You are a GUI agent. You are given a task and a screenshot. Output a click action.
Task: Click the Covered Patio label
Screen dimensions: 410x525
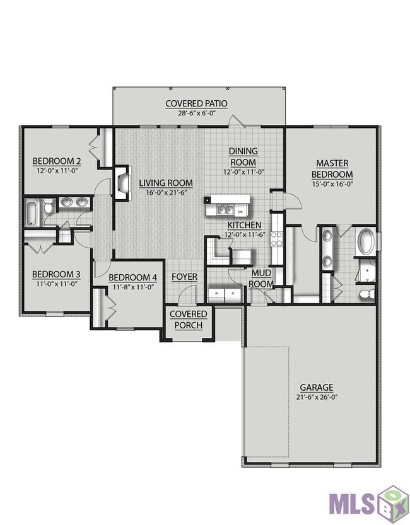click(196, 104)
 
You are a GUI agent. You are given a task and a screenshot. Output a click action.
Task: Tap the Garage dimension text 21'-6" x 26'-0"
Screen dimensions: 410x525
click(316, 398)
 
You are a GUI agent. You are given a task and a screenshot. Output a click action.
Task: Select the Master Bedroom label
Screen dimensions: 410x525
click(332, 169)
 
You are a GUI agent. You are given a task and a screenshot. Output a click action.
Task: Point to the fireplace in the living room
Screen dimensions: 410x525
click(122, 183)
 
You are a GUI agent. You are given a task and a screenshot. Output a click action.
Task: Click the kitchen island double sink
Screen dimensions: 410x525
click(225, 211)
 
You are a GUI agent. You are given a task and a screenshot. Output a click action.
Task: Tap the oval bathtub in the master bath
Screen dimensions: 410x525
click(366, 240)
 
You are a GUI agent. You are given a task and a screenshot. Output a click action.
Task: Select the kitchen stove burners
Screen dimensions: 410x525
click(277, 239)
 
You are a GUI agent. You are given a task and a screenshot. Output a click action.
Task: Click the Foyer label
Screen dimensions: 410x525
click(184, 277)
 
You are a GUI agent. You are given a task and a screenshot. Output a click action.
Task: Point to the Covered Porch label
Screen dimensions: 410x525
click(188, 320)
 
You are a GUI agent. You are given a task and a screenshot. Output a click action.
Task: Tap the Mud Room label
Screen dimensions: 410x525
click(261, 279)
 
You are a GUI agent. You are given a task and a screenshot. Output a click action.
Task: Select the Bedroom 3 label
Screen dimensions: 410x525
click(56, 275)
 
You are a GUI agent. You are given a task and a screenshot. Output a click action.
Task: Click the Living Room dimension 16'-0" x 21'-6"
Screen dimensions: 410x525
click(166, 192)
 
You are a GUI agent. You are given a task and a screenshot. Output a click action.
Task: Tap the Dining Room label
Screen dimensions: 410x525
click(243, 157)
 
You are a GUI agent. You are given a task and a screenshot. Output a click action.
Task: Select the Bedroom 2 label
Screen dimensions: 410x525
click(57, 161)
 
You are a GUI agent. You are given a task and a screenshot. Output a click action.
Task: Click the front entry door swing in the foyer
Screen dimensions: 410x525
click(186, 293)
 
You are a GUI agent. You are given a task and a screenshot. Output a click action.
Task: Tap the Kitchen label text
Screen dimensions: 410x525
click(245, 225)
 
